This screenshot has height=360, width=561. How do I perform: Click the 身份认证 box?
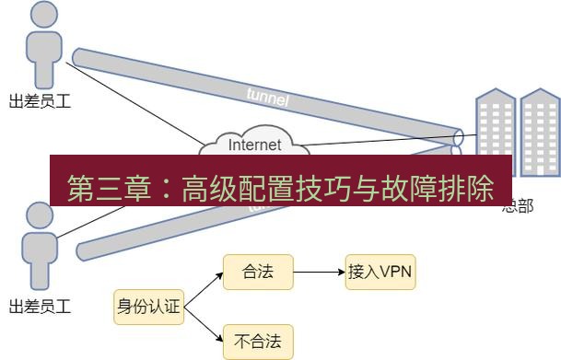(148, 307)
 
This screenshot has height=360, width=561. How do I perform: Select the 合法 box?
(258, 273)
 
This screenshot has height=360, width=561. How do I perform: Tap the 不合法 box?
(258, 342)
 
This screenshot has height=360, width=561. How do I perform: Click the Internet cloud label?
(254, 145)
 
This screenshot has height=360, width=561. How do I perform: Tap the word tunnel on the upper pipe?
(268, 96)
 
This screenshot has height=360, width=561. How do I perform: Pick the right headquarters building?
(540, 129)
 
